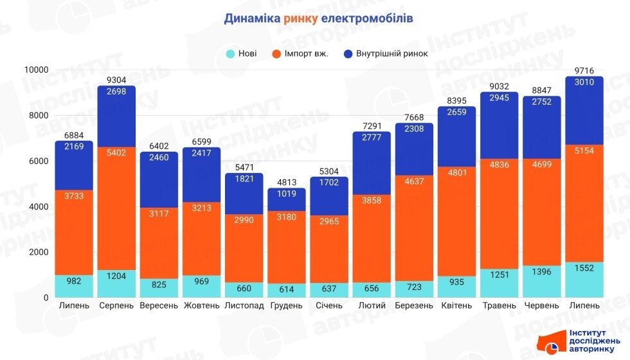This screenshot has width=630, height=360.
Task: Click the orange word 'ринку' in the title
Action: (300, 18)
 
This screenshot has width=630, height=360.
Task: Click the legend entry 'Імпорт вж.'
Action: (306, 53)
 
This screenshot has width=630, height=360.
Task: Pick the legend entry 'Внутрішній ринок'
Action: (390, 53)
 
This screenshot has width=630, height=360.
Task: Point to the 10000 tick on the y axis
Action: (37, 69)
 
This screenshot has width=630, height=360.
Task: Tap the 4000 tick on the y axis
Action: (39, 206)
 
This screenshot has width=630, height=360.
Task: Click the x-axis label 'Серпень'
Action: (116, 305)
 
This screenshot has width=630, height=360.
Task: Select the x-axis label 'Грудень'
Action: (286, 305)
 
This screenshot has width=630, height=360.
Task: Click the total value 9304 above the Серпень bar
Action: (116, 80)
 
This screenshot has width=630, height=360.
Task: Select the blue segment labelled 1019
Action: (286, 200)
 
